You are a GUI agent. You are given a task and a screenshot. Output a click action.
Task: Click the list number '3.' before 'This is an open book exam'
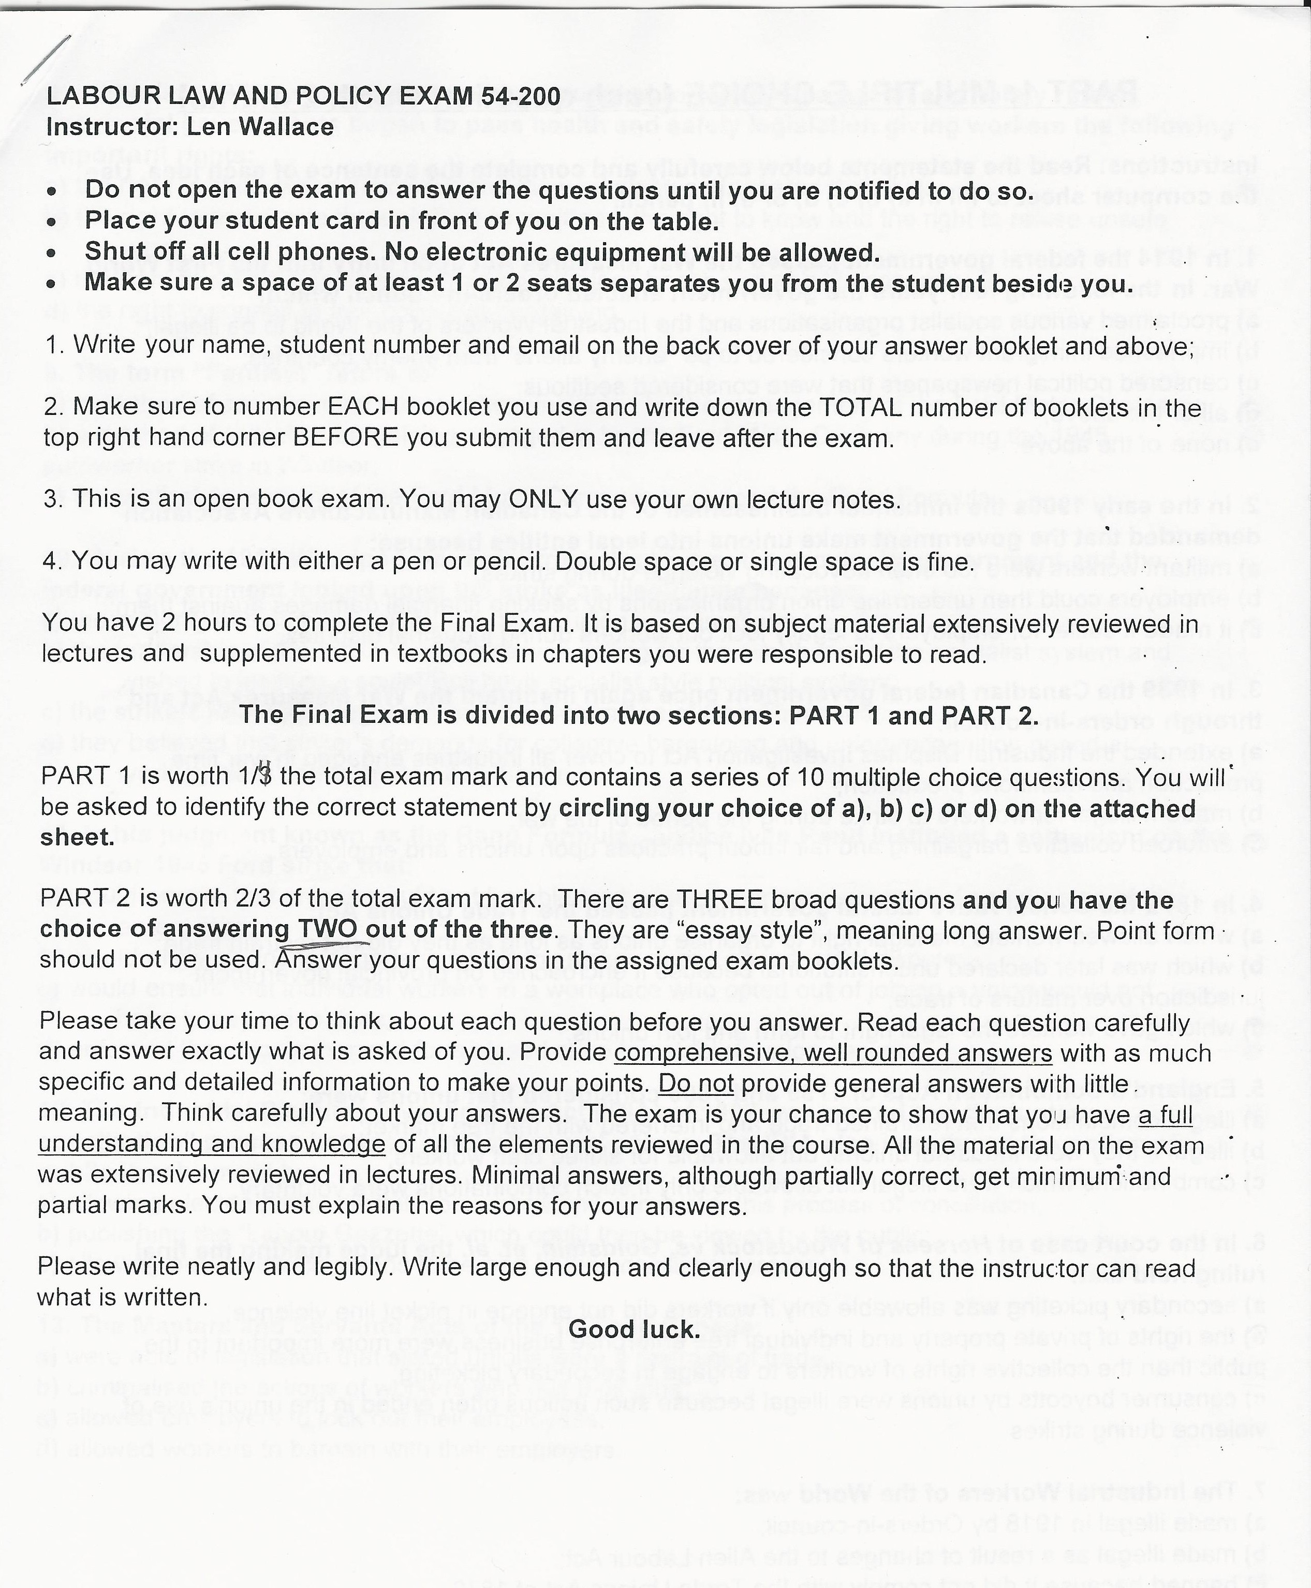pos(52,499)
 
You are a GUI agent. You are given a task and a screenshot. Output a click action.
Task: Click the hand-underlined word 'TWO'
pos(328,929)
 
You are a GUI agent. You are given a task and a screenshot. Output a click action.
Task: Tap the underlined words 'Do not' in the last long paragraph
pos(696,1084)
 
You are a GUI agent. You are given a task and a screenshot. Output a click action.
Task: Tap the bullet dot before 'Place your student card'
pos(51,224)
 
